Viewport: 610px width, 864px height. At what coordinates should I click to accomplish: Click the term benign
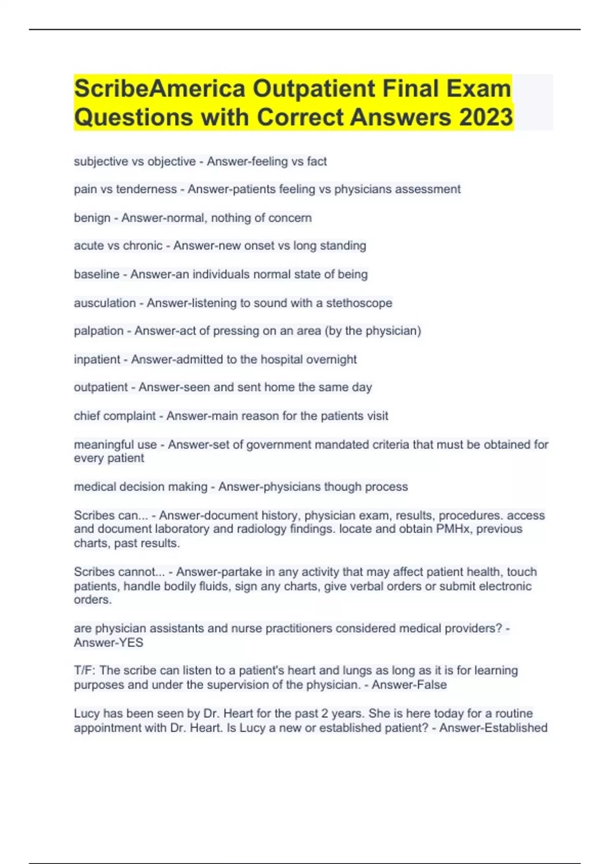(92, 218)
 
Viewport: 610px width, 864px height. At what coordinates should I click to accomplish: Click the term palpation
(99, 331)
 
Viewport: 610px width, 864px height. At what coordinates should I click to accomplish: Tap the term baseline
(97, 274)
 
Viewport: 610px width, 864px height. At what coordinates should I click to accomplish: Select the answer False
(431, 685)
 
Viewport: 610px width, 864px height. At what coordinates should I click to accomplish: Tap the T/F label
(84, 671)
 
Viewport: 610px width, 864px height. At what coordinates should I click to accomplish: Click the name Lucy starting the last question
(86, 714)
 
